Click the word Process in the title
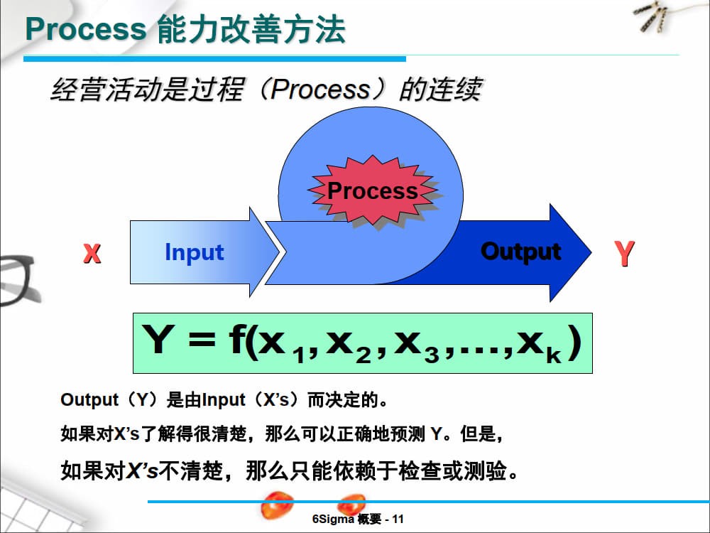pyautogui.click(x=84, y=29)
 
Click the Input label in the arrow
pyautogui.click(x=194, y=252)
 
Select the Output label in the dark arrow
pyautogui.click(x=520, y=252)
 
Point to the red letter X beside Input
pyautogui.click(x=92, y=253)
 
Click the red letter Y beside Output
pyautogui.click(x=624, y=254)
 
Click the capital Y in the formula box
pyautogui.click(x=158, y=340)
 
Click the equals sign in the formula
pyautogui.click(x=201, y=342)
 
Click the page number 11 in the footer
pyautogui.click(x=398, y=519)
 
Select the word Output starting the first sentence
pyautogui.click(x=89, y=399)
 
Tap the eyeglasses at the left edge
pyautogui.click(x=16, y=281)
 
